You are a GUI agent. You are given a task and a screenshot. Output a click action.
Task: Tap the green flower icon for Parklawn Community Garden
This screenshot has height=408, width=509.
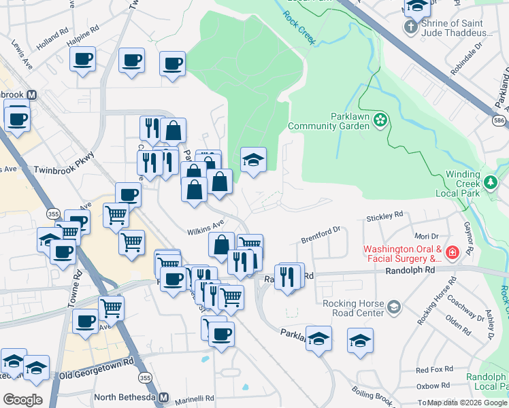click(x=380, y=120)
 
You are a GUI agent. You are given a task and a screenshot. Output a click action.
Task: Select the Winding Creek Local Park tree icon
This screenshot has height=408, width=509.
click(x=491, y=182)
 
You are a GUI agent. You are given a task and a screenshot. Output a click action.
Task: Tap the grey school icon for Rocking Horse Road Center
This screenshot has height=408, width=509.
click(x=393, y=308)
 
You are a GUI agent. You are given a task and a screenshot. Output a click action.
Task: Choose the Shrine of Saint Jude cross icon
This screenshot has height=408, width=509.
click(x=410, y=27)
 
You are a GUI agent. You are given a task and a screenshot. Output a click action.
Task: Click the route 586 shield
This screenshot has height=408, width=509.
click(x=499, y=120)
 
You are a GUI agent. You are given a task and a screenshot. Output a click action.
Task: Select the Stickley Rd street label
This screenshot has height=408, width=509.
click(x=384, y=217)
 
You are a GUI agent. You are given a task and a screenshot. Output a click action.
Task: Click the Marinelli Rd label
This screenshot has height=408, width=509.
click(x=196, y=398)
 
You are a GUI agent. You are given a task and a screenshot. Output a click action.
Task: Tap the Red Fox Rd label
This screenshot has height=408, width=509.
click(x=433, y=371)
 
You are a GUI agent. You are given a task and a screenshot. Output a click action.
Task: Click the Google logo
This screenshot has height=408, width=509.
click(x=22, y=400)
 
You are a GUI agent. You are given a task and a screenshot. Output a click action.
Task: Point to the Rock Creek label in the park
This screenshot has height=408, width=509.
click(x=299, y=29)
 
